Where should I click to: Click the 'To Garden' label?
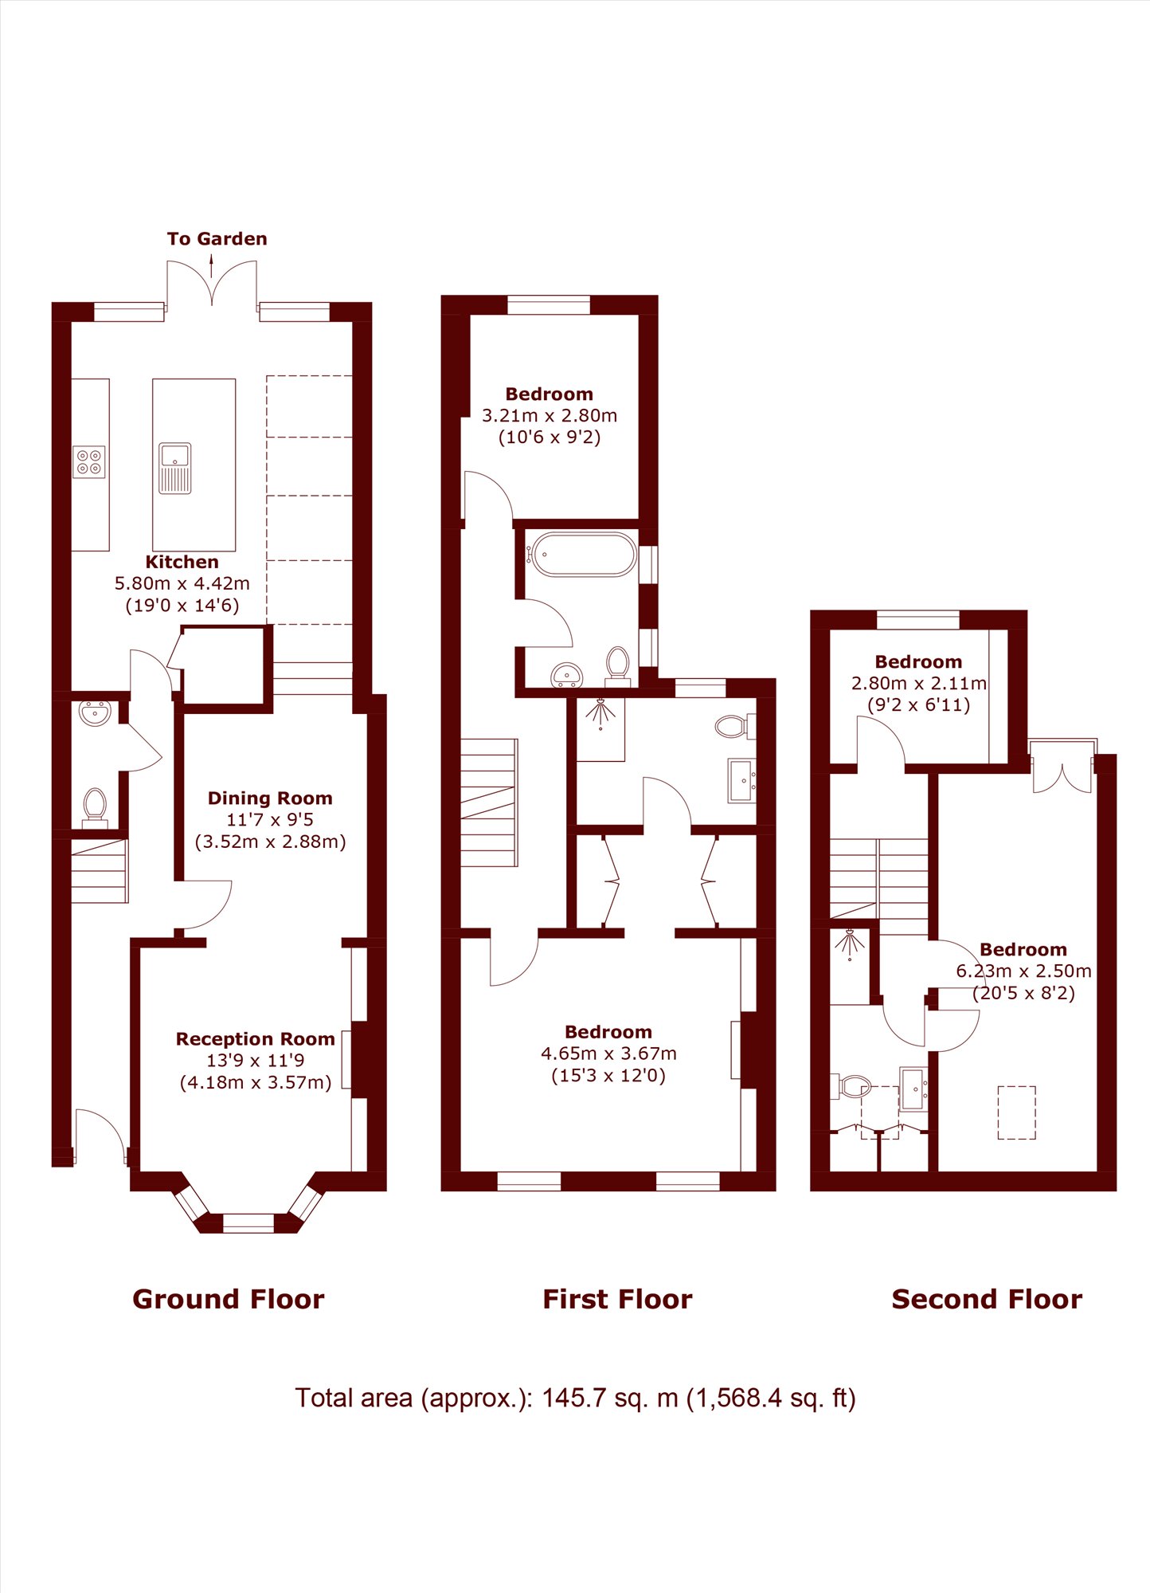coord(217,239)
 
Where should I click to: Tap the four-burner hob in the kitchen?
coord(89,461)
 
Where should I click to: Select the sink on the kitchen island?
coord(175,469)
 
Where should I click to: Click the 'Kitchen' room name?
coord(182,562)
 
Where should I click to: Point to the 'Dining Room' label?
coord(270,798)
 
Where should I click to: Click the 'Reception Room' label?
coord(255,1039)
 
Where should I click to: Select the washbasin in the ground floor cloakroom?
coord(95,713)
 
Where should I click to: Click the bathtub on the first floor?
coord(584,554)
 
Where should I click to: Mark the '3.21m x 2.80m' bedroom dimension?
coord(550,415)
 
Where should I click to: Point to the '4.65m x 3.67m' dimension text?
coord(608,1053)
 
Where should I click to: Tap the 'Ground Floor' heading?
coord(229,1300)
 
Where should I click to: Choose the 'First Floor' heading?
coord(617,1300)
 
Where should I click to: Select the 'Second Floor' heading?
coord(987,1300)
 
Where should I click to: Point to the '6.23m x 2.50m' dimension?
coord(1023,971)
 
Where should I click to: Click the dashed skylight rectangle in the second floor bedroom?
coord(1016,1112)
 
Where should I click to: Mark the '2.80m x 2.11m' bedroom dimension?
coord(919,683)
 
